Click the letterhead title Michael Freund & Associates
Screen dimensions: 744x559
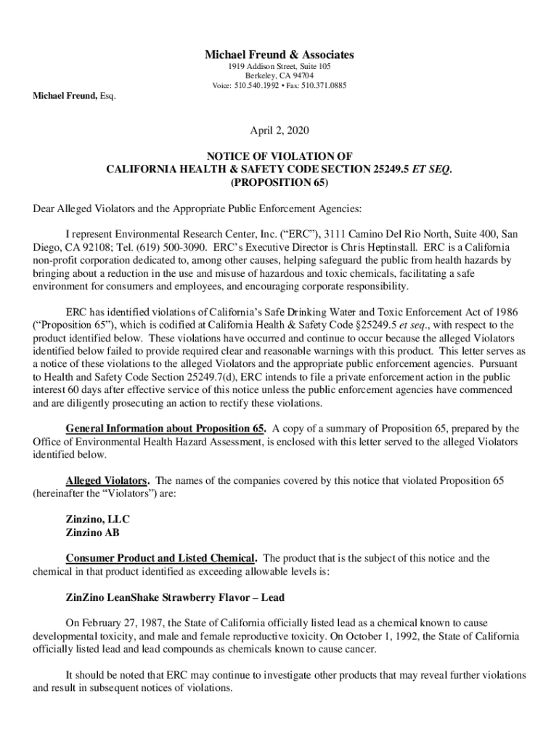279,54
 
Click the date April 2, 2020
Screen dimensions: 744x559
279,131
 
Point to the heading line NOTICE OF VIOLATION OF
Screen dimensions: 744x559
279,155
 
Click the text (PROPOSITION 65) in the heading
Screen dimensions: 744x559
279,182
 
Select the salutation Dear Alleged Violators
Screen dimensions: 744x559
87,209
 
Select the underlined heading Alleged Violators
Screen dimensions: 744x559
107,481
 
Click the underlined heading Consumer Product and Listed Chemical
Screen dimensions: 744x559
160,558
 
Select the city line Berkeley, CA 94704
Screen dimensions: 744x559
279,76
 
